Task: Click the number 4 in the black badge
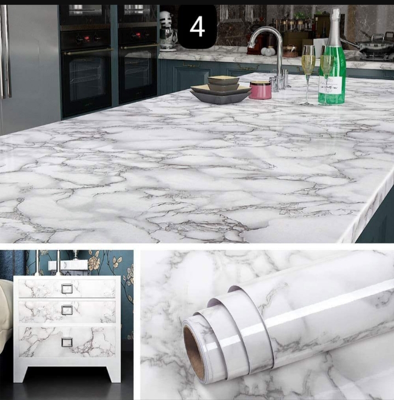click(x=197, y=26)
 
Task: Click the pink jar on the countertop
click(x=260, y=89)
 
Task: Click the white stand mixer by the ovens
click(x=168, y=30)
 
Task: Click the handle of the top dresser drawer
click(x=67, y=289)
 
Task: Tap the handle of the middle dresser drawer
click(x=67, y=310)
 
